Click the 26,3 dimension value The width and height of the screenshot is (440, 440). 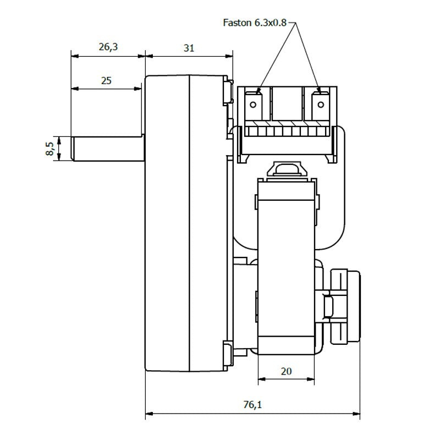click(108, 47)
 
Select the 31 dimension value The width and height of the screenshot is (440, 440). click(189, 48)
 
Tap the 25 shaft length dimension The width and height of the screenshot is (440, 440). click(107, 80)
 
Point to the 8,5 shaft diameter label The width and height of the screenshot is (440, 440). click(51, 148)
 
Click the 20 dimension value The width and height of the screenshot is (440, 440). click(286, 371)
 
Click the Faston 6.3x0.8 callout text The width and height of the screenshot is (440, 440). click(255, 23)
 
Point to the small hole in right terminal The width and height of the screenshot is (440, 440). click(319, 104)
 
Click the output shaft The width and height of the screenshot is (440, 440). click(107, 148)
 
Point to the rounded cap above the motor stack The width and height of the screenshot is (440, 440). click(286, 169)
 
